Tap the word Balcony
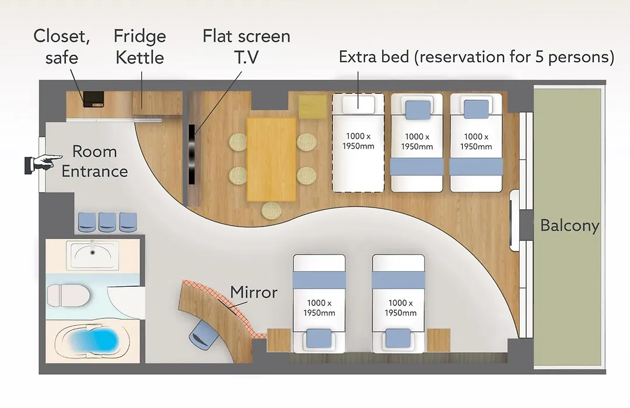point(570,226)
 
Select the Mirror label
point(254,293)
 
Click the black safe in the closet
point(93,99)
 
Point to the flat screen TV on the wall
point(192,154)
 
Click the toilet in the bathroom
point(68,296)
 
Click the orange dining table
point(271,159)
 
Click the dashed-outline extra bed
point(358,143)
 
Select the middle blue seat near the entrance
point(107,222)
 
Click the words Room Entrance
point(94,161)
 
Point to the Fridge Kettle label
point(140,47)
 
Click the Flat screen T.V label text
point(246,47)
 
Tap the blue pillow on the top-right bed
point(477,109)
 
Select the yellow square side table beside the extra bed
point(313,107)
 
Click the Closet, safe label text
point(61,47)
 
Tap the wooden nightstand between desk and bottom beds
point(279,340)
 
